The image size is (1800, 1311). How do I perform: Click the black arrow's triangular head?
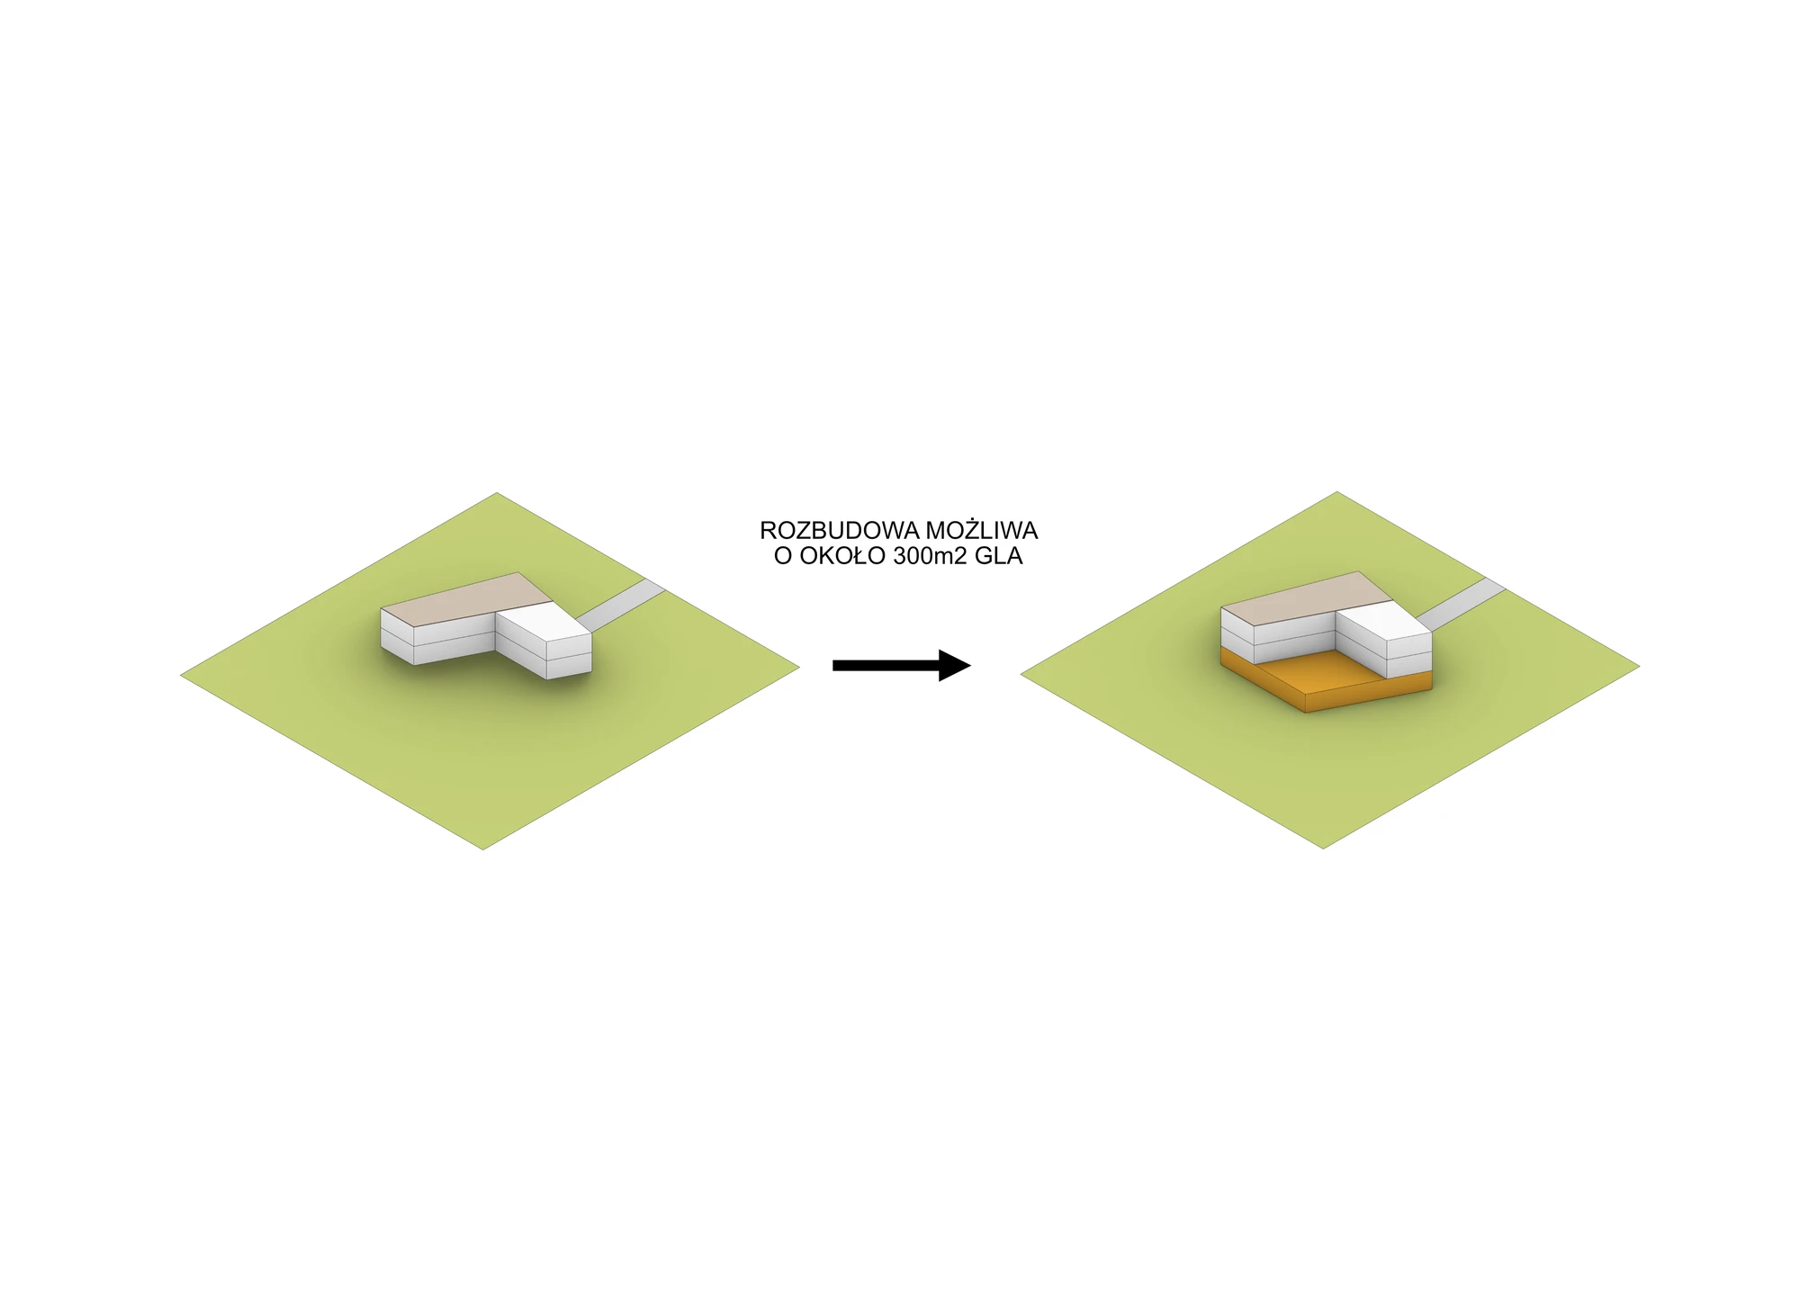tap(954, 666)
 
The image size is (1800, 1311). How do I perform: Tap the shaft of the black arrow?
tap(886, 666)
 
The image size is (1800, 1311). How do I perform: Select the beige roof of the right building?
tap(1301, 599)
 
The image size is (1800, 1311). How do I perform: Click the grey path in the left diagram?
tap(620, 606)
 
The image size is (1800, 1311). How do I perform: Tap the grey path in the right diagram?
tap(1461, 605)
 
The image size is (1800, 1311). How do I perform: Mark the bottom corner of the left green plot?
tap(483, 849)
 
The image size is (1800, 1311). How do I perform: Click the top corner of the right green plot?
tap(1337, 492)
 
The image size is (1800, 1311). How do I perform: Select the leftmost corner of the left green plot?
tap(181, 674)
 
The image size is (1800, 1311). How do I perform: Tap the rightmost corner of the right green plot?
tap(1640, 667)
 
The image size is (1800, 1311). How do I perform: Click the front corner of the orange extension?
tap(1306, 714)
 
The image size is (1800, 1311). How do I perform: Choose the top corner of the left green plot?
tap(497, 493)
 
